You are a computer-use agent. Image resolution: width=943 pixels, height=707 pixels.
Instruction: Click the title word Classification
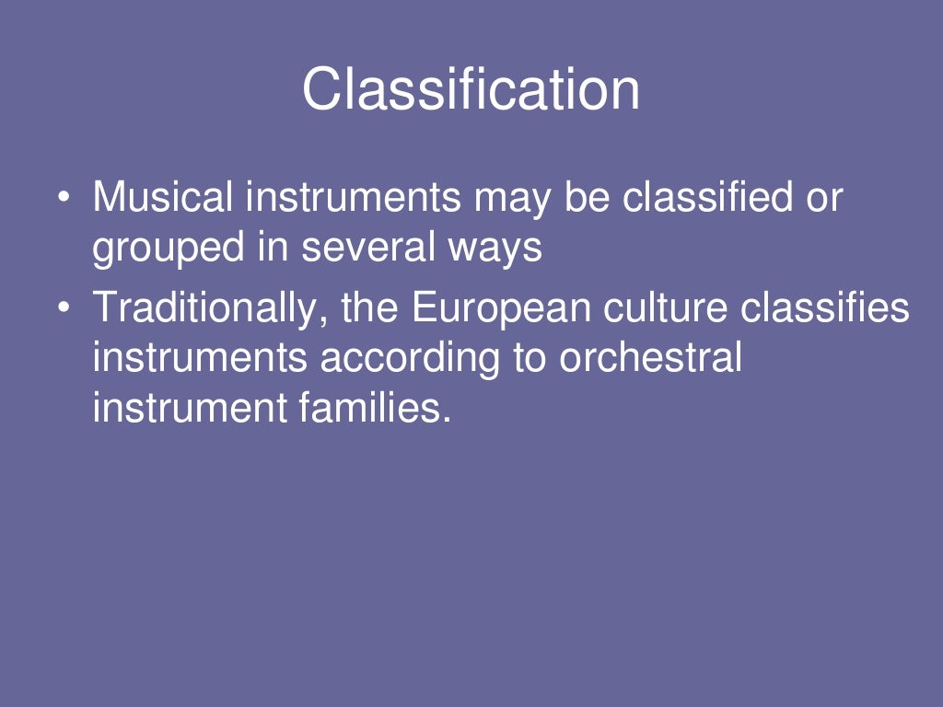click(x=471, y=90)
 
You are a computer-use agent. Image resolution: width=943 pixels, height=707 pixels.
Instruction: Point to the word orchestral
click(x=650, y=357)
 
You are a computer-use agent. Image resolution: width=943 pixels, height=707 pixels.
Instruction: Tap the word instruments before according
click(x=200, y=357)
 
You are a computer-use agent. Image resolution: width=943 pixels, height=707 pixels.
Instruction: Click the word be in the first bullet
click(x=583, y=198)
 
